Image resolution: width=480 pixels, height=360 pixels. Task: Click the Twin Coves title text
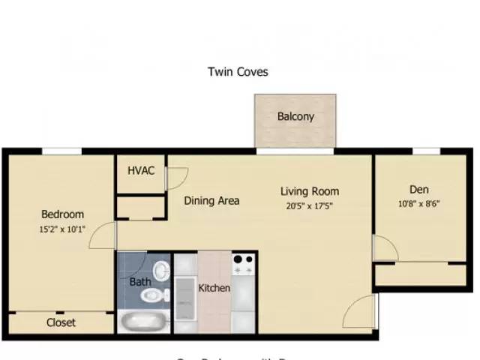click(x=238, y=72)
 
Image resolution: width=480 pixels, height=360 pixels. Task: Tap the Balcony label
click(x=295, y=117)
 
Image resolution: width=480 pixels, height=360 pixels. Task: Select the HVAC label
click(x=140, y=170)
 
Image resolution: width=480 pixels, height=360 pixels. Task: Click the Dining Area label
click(x=211, y=200)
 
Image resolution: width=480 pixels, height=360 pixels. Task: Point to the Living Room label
click(x=310, y=191)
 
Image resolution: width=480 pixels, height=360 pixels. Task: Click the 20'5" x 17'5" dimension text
click(x=309, y=206)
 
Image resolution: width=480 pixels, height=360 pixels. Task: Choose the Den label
click(x=418, y=189)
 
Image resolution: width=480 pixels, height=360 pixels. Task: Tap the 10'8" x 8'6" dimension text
click(x=418, y=203)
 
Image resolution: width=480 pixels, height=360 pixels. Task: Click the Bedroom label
click(x=62, y=214)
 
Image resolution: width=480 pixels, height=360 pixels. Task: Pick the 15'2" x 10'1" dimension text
click(x=62, y=229)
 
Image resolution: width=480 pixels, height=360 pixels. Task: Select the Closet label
click(x=61, y=323)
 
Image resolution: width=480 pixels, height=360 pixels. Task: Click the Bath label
click(x=140, y=282)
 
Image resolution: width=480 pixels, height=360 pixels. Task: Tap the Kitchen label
click(x=214, y=288)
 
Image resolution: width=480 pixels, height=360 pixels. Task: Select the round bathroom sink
click(x=162, y=268)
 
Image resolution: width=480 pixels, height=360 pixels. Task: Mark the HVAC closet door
click(x=177, y=178)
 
